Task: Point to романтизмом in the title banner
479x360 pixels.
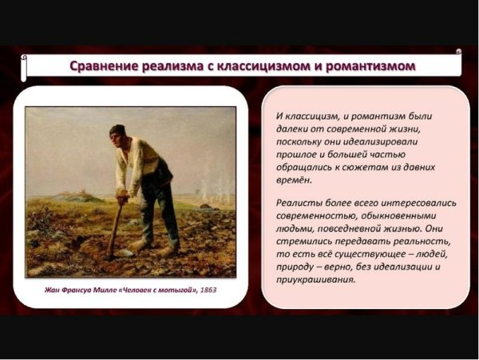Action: point(375,66)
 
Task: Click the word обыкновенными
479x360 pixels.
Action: point(399,216)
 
